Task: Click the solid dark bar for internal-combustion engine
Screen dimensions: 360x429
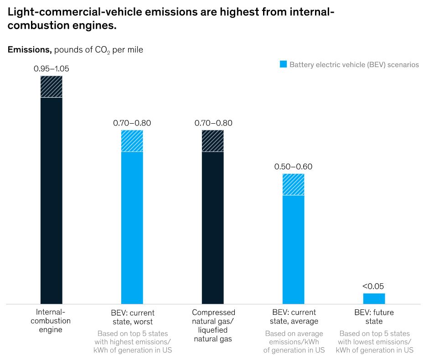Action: pos(52,200)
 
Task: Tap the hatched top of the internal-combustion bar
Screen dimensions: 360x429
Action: pos(52,87)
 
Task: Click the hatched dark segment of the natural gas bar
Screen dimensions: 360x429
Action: pos(213,141)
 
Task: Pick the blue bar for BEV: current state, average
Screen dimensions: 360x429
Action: pos(294,249)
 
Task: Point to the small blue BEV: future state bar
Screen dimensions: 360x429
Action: pos(374,298)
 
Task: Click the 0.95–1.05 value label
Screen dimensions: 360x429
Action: pos(52,69)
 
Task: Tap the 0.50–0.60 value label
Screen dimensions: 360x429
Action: pos(293,167)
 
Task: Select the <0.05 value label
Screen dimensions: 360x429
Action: pos(373,286)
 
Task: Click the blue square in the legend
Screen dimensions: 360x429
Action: pos(283,64)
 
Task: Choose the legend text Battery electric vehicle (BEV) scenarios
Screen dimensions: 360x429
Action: pos(354,64)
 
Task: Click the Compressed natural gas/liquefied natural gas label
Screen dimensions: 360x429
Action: pos(213,325)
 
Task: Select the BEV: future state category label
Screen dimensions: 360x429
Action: pos(374,317)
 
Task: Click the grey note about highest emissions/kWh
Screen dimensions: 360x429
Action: pos(132,342)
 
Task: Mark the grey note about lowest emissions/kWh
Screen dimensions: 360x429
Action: pos(374,342)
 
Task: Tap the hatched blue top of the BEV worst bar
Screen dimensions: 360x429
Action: pos(132,141)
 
